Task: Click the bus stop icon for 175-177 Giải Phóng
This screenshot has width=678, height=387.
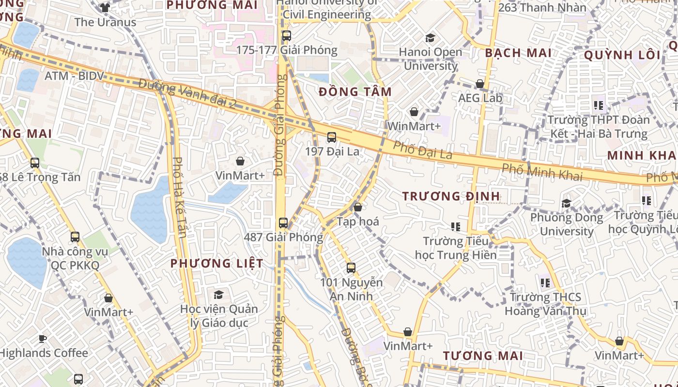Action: click(x=286, y=36)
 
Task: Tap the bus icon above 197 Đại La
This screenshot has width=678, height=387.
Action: click(x=332, y=137)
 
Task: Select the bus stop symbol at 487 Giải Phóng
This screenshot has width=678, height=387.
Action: click(x=283, y=223)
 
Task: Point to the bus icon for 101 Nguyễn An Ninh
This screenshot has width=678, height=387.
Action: click(x=351, y=268)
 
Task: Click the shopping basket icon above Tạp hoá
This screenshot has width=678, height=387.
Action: click(x=358, y=208)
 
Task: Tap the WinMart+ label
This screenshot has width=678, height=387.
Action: click(x=414, y=126)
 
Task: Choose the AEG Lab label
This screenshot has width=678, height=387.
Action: click(x=480, y=98)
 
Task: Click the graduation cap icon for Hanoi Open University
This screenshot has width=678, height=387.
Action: click(x=430, y=38)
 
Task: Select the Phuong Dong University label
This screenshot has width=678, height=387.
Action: click(x=567, y=224)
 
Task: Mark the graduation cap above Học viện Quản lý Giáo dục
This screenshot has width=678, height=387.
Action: click(x=219, y=295)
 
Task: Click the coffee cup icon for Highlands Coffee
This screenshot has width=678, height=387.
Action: click(x=43, y=339)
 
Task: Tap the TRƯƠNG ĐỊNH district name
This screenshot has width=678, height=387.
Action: click(x=451, y=196)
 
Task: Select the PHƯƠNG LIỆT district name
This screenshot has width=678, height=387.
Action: click(x=217, y=264)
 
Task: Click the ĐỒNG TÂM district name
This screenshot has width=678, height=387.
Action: click(x=355, y=91)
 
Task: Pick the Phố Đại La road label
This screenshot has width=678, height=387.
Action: click(x=422, y=150)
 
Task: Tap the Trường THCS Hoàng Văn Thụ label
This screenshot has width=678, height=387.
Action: click(x=545, y=304)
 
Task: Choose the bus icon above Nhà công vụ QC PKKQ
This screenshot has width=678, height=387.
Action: click(x=75, y=237)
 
